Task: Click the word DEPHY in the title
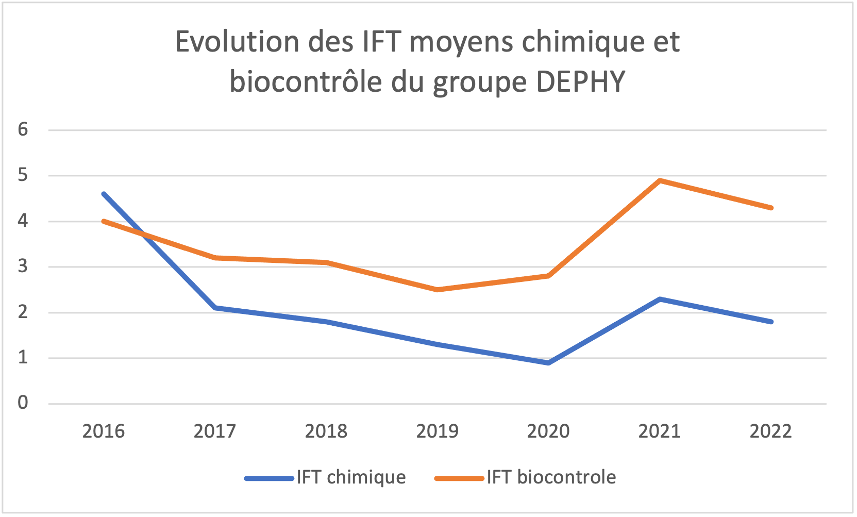581,81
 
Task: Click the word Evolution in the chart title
237,42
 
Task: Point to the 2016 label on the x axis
104,431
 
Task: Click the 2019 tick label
437,431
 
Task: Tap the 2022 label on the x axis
770,431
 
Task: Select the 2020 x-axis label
548,431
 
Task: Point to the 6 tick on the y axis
23,129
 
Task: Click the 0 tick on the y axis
23,403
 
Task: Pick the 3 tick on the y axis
23,266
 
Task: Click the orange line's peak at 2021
660,180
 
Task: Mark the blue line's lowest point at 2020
549,363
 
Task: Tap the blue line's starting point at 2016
104,194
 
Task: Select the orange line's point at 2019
437,290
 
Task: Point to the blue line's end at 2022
771,322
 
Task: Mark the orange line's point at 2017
215,258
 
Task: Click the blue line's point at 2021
660,299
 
